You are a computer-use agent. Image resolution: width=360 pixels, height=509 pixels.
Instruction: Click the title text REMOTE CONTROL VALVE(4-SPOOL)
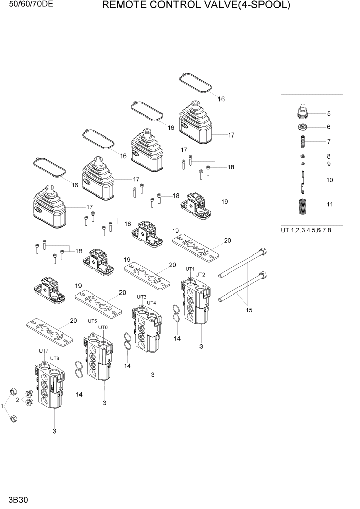196,6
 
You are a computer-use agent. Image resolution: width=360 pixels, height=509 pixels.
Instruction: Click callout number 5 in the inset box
329,114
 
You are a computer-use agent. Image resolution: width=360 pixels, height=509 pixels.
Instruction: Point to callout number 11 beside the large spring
330,204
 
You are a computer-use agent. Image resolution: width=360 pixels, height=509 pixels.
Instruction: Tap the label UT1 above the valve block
190,269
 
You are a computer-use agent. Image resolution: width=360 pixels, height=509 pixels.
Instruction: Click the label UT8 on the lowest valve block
55,358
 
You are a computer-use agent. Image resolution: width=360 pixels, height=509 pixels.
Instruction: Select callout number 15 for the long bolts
249,310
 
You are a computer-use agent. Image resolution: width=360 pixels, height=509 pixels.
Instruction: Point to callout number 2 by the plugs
18,400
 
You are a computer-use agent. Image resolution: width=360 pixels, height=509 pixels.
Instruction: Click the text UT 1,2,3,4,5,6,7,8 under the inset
306,230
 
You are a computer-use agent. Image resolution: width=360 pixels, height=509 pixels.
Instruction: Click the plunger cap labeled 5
304,111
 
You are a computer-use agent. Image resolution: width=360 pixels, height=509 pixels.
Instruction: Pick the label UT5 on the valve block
92,321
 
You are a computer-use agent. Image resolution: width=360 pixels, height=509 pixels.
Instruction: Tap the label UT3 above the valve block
142,297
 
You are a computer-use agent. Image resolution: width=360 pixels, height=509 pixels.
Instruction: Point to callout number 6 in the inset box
329,127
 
